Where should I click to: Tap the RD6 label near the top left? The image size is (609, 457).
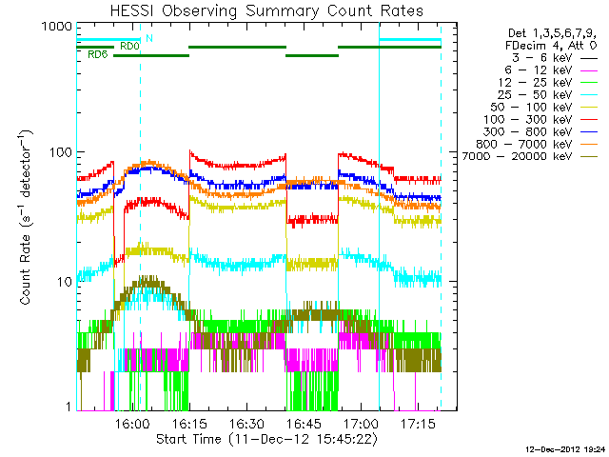click(97, 55)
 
